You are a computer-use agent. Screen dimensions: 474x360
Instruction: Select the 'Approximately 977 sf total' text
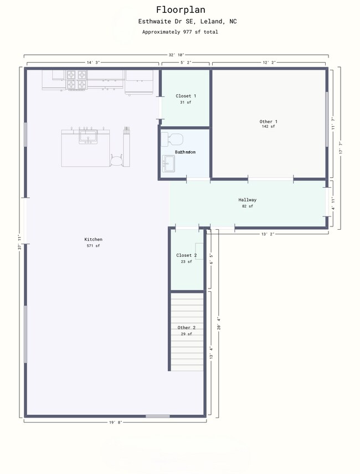coord(179,32)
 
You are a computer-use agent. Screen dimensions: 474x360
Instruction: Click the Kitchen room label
coord(93,240)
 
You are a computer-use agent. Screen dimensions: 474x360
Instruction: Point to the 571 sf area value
coord(93,246)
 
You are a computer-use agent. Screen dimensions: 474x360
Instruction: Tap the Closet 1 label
coord(186,96)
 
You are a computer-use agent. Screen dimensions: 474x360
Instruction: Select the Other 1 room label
coord(269,121)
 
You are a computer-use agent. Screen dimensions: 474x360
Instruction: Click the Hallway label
coord(248,200)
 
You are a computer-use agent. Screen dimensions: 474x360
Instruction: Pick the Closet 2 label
coord(187,255)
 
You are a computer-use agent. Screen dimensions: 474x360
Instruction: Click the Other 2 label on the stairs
coord(186,328)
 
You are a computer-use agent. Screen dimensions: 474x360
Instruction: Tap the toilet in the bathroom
coord(174,138)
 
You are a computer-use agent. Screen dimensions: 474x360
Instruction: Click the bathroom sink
coord(168,163)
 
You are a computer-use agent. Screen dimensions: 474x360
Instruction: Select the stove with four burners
coord(77,79)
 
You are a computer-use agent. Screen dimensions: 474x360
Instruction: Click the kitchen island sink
coord(88,135)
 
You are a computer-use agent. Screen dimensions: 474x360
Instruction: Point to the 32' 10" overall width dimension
coord(176,55)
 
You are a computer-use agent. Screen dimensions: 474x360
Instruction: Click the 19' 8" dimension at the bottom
coord(115,423)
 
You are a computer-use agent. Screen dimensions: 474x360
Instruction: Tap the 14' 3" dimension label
coord(92,63)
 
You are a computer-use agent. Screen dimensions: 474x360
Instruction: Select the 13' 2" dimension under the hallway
coord(269,234)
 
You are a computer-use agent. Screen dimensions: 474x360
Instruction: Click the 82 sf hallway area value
coord(248,206)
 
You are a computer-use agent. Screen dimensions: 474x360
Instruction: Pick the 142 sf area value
coord(269,127)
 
